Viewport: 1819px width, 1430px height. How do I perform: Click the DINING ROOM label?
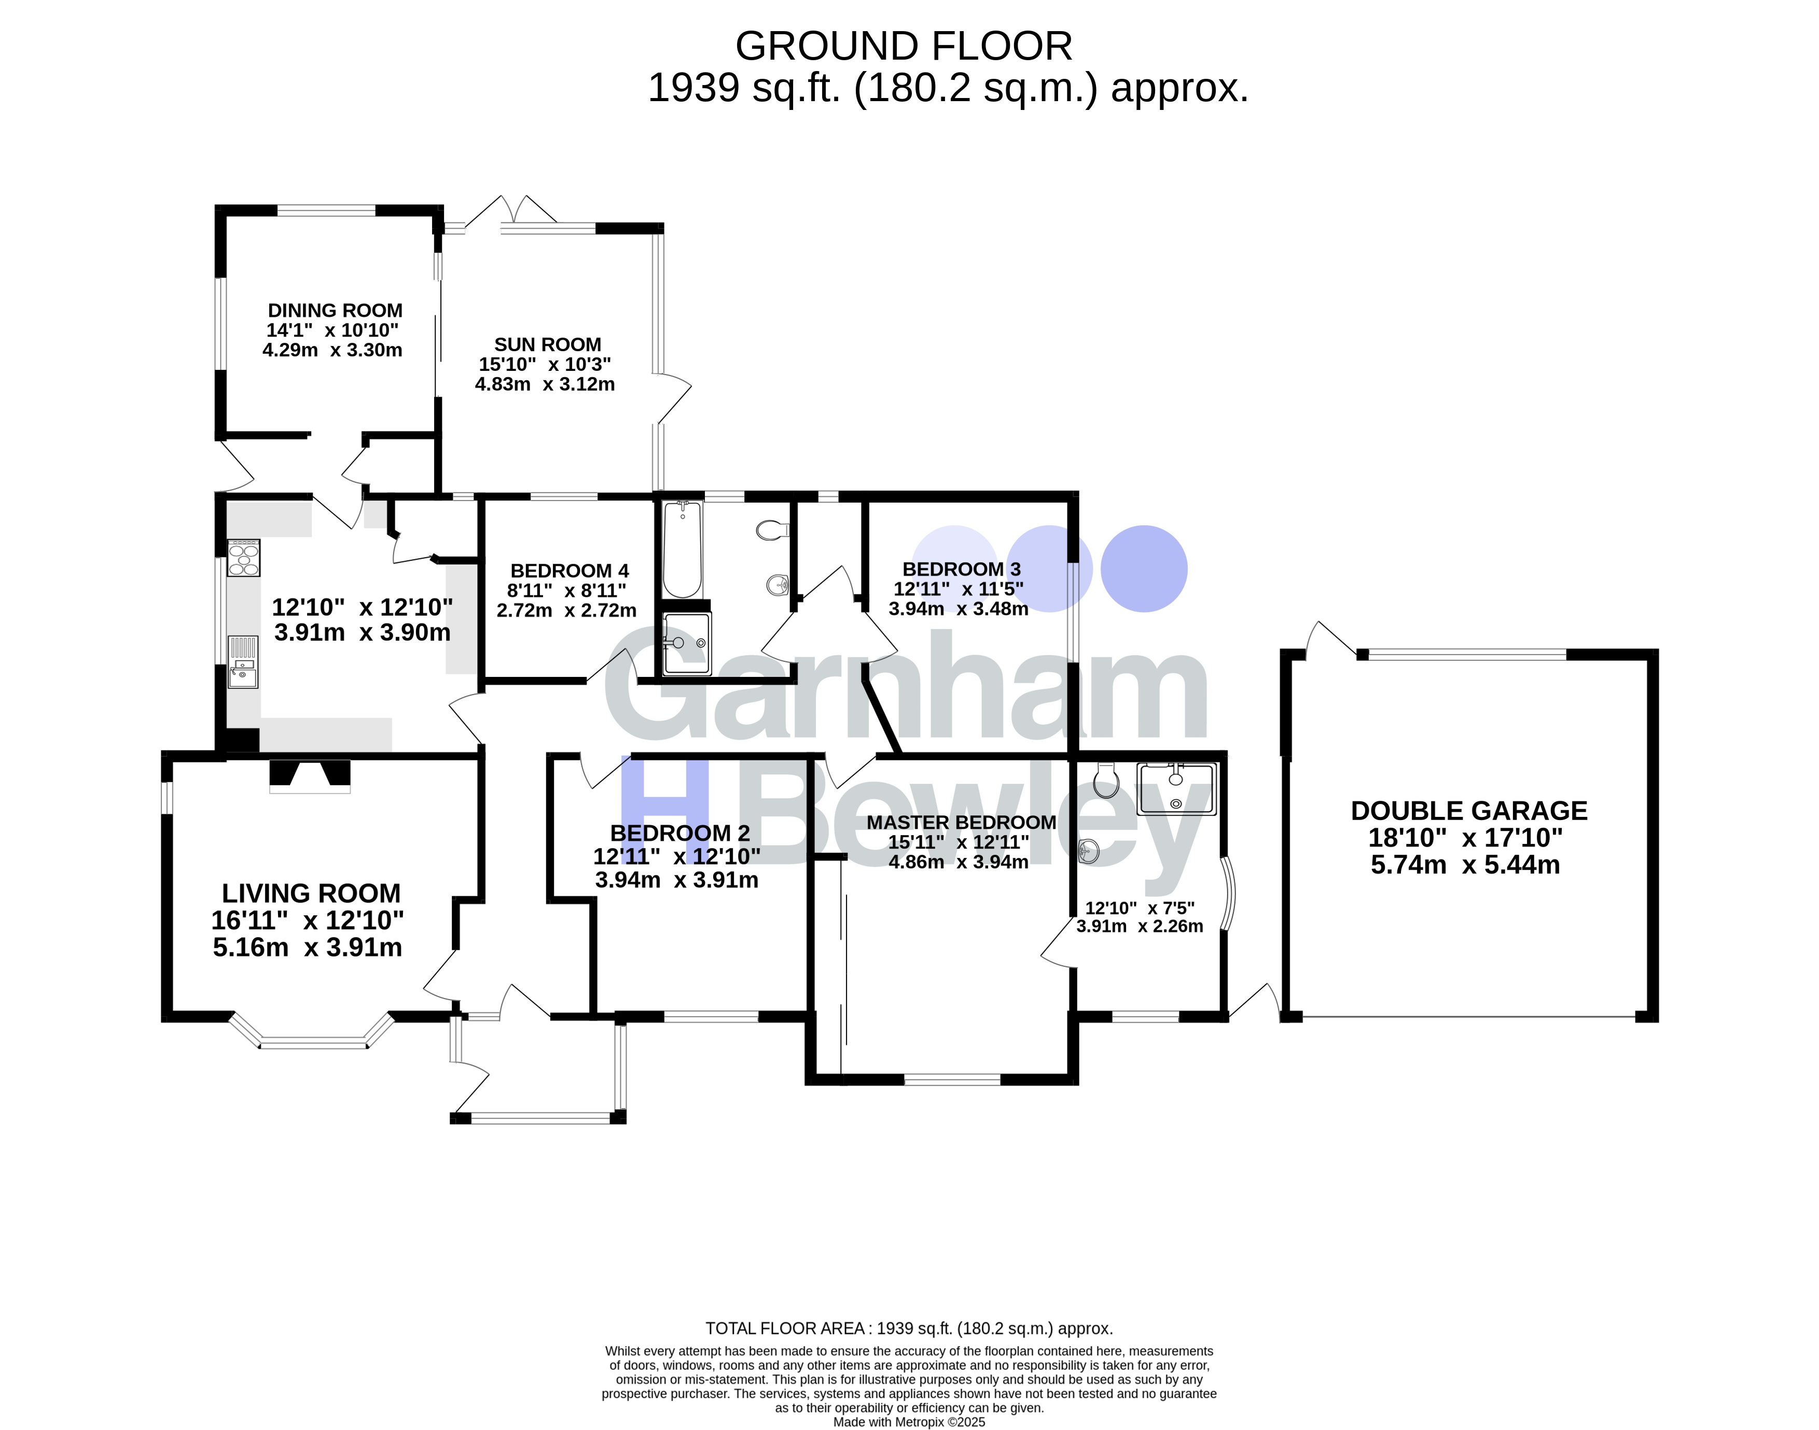pos(335,311)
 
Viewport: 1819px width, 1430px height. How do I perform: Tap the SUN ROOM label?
pos(547,345)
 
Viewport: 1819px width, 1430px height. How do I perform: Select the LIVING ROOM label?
pos(311,893)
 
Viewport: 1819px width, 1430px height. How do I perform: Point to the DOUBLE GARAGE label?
pos(1469,811)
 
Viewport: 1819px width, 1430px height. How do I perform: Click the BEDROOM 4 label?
pos(569,571)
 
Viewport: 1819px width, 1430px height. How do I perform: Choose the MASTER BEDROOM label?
pos(961,822)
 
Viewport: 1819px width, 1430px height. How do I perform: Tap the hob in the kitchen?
pos(244,558)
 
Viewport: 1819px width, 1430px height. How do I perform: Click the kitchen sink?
pos(244,661)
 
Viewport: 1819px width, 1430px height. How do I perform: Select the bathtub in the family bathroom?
pos(682,549)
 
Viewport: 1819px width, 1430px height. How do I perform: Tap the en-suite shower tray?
pos(1176,789)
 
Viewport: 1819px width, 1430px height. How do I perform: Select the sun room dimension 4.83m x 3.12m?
pos(545,384)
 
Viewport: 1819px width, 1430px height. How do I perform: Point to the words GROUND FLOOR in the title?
pos(903,46)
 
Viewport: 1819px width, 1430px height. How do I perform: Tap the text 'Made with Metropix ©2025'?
pos(909,1422)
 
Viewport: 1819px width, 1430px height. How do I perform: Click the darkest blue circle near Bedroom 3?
pos(1144,568)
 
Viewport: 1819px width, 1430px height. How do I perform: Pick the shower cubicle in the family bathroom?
pos(686,643)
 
